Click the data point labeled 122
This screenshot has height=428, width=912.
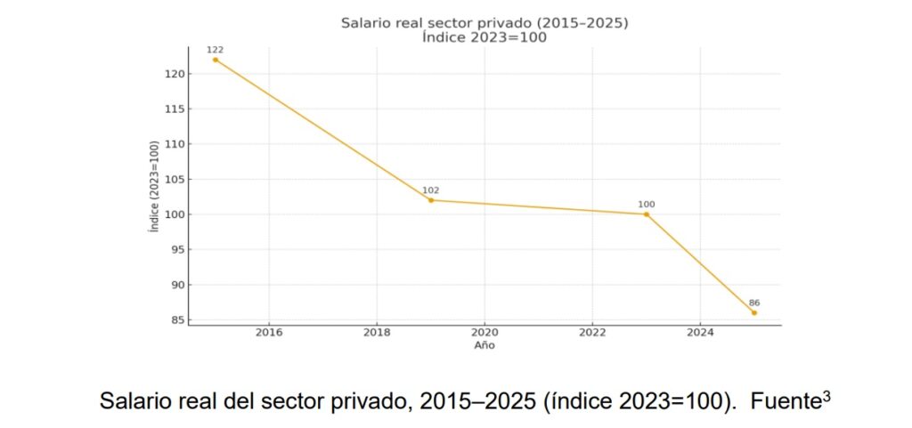[216, 60]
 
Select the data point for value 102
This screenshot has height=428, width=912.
[431, 200]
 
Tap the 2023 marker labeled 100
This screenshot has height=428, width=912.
[647, 214]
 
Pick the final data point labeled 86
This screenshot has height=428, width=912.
[754, 312]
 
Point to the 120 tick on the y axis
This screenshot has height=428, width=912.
[173, 74]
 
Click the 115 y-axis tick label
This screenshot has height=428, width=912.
[173, 109]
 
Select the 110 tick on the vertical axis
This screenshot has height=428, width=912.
[173, 144]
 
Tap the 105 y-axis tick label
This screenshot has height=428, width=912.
[173, 179]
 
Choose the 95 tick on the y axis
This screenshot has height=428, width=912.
[175, 249]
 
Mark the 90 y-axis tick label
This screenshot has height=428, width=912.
[175, 285]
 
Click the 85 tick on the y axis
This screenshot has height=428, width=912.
[175, 319]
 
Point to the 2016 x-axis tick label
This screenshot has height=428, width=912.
[269, 333]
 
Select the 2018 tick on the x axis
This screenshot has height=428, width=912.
[377, 333]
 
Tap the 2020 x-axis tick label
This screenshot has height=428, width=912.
[484, 333]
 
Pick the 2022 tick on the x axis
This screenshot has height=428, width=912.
[592, 333]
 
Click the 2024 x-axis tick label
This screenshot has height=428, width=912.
[700, 333]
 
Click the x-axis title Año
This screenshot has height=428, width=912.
[484, 345]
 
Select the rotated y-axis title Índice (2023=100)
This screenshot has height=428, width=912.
[155, 187]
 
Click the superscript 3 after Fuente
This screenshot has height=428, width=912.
[826, 394]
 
